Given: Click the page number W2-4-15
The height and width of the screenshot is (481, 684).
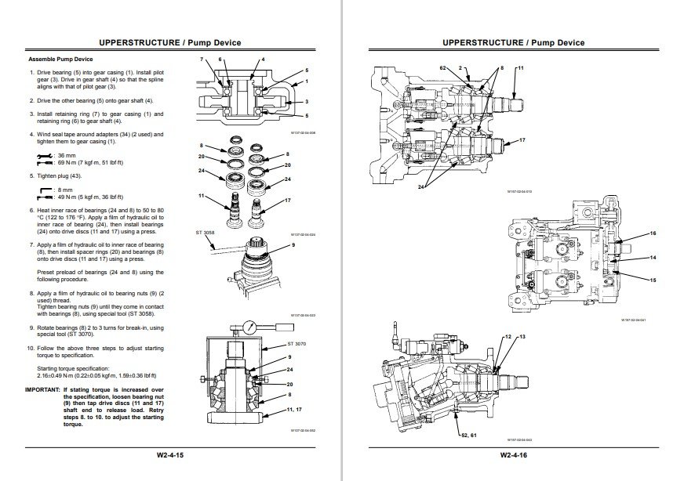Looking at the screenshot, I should [169, 454].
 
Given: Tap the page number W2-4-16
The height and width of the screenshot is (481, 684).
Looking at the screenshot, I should [513, 454].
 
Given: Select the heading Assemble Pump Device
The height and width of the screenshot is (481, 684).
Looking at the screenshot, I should [60, 60].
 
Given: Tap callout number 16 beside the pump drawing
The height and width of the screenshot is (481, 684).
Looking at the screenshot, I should [653, 233].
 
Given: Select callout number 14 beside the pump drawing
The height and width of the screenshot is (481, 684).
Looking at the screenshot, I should [653, 257].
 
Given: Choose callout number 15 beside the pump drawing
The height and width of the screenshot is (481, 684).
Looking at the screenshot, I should [653, 280].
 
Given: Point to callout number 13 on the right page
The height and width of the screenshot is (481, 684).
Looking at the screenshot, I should [522, 336].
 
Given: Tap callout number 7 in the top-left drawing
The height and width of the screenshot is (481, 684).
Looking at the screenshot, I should [202, 60].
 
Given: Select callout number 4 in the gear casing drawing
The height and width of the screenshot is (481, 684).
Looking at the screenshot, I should [263, 60].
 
